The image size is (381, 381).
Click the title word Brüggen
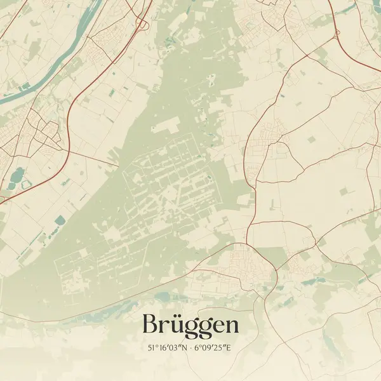point(190,324)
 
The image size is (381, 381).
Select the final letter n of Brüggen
point(232,326)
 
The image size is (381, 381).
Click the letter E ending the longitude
point(232,348)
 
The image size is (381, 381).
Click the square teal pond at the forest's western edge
point(60,220)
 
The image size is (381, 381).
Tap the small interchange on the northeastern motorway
point(337,32)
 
